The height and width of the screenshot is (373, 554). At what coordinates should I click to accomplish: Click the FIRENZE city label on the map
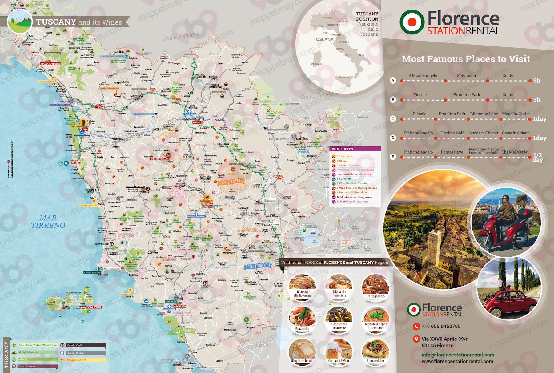point(197,122)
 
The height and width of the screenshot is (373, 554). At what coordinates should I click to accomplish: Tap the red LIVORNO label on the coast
point(75,163)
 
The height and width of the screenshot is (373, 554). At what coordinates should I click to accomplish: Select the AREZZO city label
point(279,178)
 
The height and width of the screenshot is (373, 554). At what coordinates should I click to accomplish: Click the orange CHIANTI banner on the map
point(231,182)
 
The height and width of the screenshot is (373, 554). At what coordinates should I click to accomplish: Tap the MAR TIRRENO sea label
point(48,222)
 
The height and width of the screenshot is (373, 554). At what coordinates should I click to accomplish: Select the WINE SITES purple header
point(355,149)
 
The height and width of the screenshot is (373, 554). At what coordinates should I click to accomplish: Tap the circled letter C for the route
point(393,119)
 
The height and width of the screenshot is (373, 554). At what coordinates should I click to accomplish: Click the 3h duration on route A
point(537,81)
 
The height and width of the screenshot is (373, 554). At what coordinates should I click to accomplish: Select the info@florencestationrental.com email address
point(458,355)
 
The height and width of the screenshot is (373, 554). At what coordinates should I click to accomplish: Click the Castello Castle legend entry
point(75,345)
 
